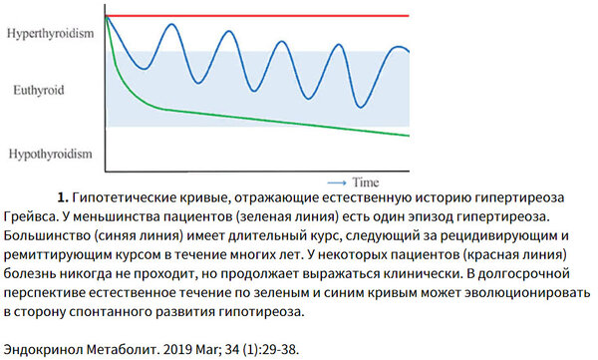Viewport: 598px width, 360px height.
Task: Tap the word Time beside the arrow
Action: (365, 182)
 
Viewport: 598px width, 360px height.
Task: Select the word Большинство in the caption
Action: (46, 236)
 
